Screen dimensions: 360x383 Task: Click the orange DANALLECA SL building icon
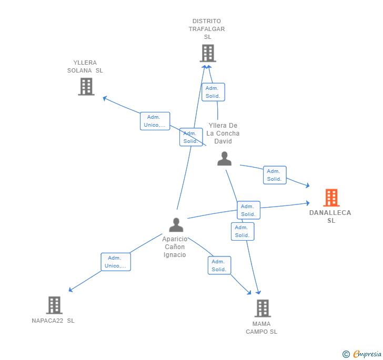click(x=331, y=198)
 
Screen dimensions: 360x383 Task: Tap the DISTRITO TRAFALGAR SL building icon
click(x=208, y=53)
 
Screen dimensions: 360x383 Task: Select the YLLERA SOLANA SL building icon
click(x=86, y=86)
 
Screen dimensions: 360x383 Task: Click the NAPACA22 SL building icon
click(x=54, y=305)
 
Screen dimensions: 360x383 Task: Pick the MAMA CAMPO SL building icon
click(x=262, y=308)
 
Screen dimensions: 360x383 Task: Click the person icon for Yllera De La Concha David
click(x=225, y=159)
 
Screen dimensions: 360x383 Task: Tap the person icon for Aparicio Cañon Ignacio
click(x=176, y=225)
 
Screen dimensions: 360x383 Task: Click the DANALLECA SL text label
click(x=330, y=217)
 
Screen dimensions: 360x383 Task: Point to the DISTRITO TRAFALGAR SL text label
click(x=207, y=29)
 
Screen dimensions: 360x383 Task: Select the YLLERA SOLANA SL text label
click(x=85, y=66)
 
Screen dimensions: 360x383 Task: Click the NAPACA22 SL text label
click(x=53, y=321)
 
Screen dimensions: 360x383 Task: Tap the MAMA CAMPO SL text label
click(x=261, y=328)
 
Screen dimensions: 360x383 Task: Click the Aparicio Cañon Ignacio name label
click(x=175, y=246)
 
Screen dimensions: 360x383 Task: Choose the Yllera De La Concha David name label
click(x=223, y=133)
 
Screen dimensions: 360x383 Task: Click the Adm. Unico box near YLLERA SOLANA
click(x=155, y=121)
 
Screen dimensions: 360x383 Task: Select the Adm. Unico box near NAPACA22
click(x=116, y=262)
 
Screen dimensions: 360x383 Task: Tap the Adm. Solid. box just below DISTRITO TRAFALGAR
click(x=213, y=92)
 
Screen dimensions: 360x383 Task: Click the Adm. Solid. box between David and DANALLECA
click(x=275, y=175)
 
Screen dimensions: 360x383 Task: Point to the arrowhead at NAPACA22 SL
click(x=70, y=290)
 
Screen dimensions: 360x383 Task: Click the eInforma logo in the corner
click(x=362, y=354)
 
